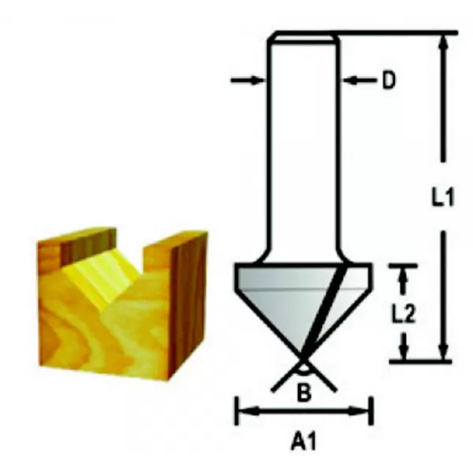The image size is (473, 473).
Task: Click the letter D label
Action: [388, 80]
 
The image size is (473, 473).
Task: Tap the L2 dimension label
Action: [404, 314]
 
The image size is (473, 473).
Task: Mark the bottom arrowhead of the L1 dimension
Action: [443, 353]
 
